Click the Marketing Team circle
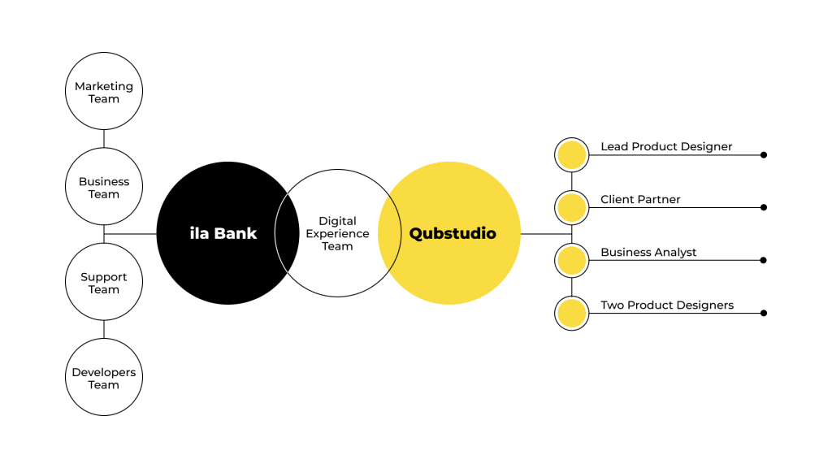coord(104,92)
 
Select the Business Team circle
coord(104,187)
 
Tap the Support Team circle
coord(104,283)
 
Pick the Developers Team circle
coord(104,378)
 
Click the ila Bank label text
coord(223,234)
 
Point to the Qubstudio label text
coord(453,234)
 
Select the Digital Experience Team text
coord(337,233)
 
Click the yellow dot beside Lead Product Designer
coord(571,154)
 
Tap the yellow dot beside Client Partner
coord(571,207)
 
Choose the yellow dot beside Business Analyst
coord(571,260)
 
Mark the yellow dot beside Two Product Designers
coord(571,313)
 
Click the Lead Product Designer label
coord(666,147)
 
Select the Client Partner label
coord(640,200)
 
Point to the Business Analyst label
coord(648,253)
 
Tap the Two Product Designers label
coord(667,305)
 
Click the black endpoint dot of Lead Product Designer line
coord(764,154)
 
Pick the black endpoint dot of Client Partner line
coord(764,207)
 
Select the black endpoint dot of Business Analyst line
coord(764,260)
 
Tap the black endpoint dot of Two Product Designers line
coord(764,313)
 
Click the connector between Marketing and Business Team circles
coord(104,139)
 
